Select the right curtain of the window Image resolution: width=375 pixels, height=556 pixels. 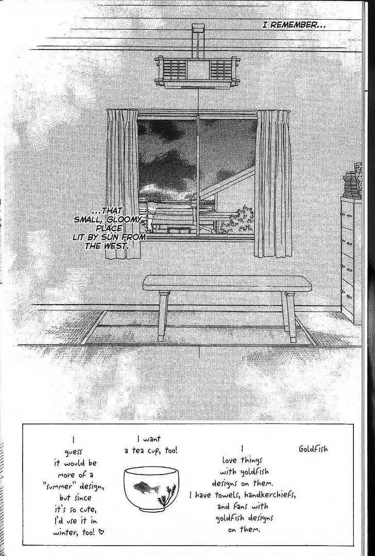(x=274, y=183)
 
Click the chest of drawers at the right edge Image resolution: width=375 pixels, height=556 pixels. (x=351, y=261)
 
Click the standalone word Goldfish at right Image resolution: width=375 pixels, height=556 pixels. (x=313, y=449)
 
